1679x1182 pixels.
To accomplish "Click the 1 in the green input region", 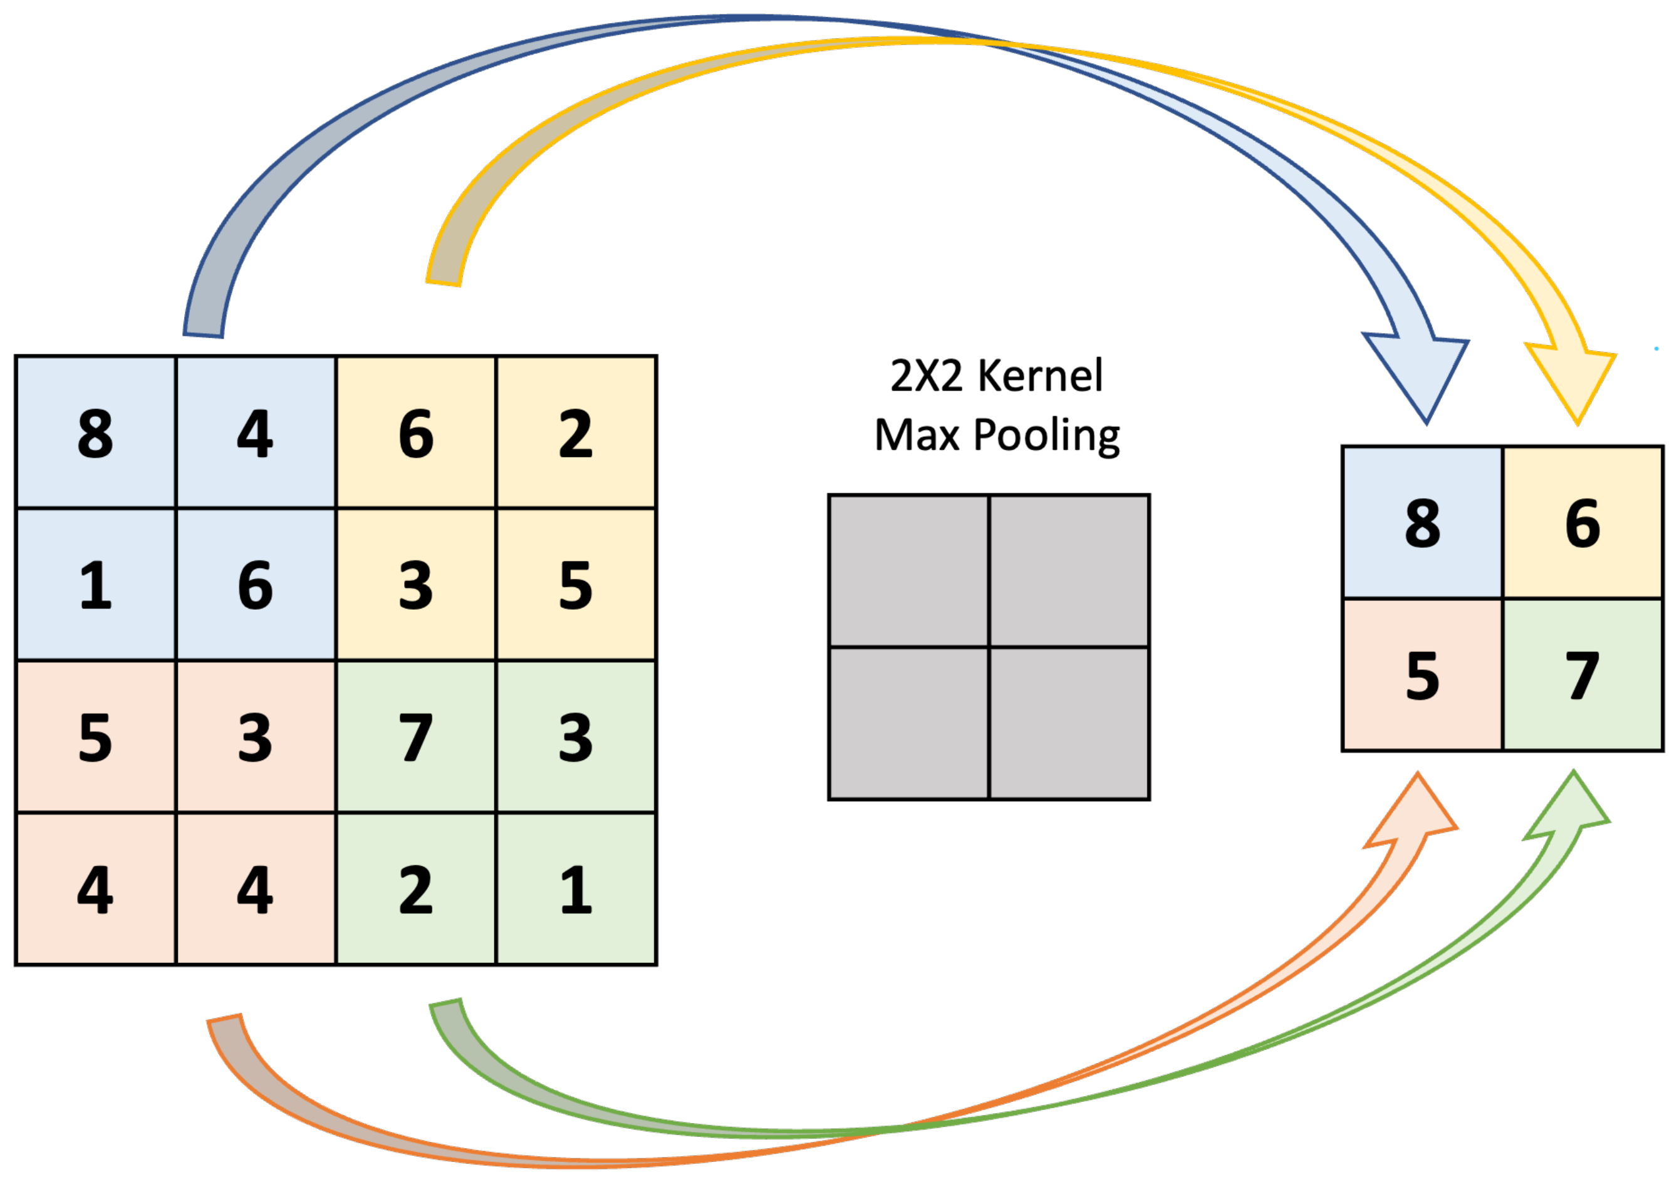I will click(x=576, y=890).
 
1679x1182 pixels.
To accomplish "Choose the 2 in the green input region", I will click(x=415, y=890).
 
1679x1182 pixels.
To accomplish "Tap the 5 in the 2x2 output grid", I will click(x=1422, y=676).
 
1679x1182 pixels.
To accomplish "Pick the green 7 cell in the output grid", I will click(x=1583, y=676).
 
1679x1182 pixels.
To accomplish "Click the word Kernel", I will click(x=1040, y=376).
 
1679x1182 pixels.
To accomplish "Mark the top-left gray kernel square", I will click(x=908, y=570).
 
